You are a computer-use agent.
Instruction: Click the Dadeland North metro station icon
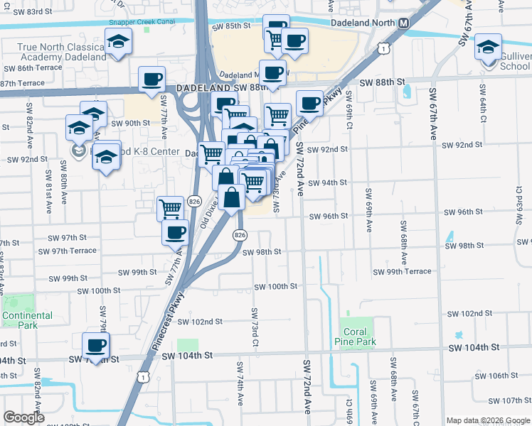pyautogui.click(x=404, y=23)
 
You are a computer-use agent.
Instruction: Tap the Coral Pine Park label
pyautogui.click(x=355, y=337)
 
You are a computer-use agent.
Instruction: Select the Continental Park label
pyautogui.click(x=27, y=320)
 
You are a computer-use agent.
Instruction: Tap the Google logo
pyautogui.click(x=24, y=417)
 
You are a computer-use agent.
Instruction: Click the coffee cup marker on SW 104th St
pyautogui.click(x=96, y=346)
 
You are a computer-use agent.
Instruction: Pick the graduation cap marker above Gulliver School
pyautogui.click(x=488, y=48)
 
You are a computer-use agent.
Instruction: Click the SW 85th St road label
pyautogui.click(x=232, y=26)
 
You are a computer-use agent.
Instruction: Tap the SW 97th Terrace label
pyautogui.click(x=68, y=251)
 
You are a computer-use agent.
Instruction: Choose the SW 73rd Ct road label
pyautogui.click(x=253, y=328)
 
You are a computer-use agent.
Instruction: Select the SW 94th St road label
pyautogui.click(x=327, y=182)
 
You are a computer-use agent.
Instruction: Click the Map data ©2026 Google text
pyautogui.click(x=489, y=420)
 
